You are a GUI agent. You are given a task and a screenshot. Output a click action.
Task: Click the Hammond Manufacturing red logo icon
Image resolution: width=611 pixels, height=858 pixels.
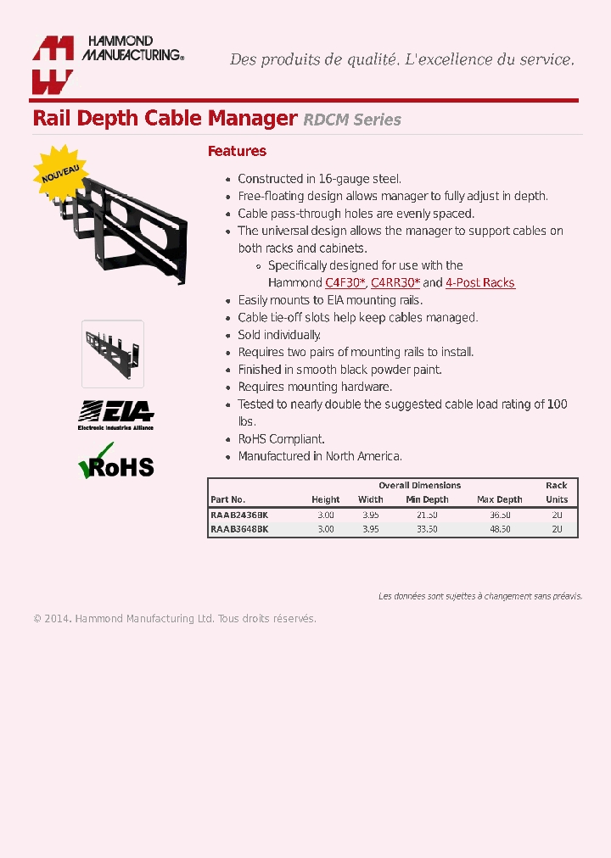tap(53, 64)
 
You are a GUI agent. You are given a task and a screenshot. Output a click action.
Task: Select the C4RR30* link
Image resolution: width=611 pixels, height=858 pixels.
tap(395, 283)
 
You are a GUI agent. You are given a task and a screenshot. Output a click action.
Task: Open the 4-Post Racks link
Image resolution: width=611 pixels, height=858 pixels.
tap(480, 283)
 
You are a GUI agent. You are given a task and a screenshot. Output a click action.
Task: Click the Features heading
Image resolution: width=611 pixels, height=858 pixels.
tap(237, 151)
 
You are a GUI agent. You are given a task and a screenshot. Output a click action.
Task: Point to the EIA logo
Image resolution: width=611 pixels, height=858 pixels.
tap(116, 415)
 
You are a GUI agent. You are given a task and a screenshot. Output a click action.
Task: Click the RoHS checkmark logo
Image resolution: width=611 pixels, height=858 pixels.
tap(116, 463)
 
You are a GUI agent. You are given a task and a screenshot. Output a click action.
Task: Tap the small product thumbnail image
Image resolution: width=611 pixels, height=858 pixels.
tap(113, 354)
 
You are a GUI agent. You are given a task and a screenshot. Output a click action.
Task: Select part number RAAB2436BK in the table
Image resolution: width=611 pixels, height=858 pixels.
tap(239, 515)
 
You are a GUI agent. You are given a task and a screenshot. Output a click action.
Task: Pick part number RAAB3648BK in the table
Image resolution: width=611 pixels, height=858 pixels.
tap(239, 529)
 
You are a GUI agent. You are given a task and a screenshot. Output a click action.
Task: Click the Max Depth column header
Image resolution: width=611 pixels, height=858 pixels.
tap(499, 499)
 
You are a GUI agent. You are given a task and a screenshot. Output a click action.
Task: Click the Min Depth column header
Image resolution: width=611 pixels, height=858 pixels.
tap(427, 499)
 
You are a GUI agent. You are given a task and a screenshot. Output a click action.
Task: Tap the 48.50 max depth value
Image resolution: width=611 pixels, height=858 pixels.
tap(499, 529)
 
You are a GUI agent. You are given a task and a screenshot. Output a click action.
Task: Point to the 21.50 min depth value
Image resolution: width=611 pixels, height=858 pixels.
tap(427, 515)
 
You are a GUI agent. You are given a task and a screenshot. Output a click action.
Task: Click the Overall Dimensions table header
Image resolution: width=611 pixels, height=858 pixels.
tap(419, 485)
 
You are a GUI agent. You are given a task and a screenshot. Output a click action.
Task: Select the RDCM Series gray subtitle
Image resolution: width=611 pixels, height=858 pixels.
tap(352, 120)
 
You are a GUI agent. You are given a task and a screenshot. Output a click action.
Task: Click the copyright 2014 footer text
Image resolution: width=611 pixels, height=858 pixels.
tap(174, 619)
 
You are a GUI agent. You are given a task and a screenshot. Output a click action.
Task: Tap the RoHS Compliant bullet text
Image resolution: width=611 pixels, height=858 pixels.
tap(281, 439)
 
